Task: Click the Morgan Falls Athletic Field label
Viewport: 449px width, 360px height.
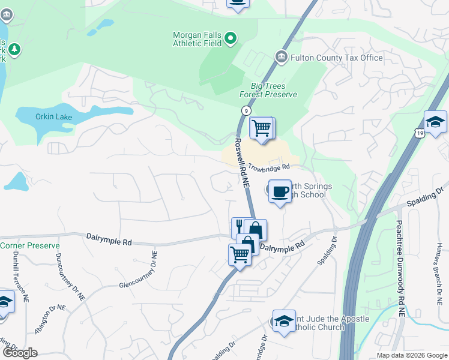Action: (x=197, y=39)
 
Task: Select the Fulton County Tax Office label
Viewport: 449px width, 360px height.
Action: (x=337, y=58)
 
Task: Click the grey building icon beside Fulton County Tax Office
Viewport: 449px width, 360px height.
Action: (x=280, y=57)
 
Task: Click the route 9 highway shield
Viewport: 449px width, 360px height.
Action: (x=246, y=110)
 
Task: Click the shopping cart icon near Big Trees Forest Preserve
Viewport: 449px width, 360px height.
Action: (x=262, y=128)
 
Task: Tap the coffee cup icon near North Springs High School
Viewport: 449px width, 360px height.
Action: (x=280, y=192)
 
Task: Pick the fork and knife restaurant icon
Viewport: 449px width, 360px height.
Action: (x=239, y=226)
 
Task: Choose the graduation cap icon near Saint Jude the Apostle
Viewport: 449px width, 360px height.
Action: (x=284, y=321)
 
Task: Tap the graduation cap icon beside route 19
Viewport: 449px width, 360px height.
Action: (x=435, y=122)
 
